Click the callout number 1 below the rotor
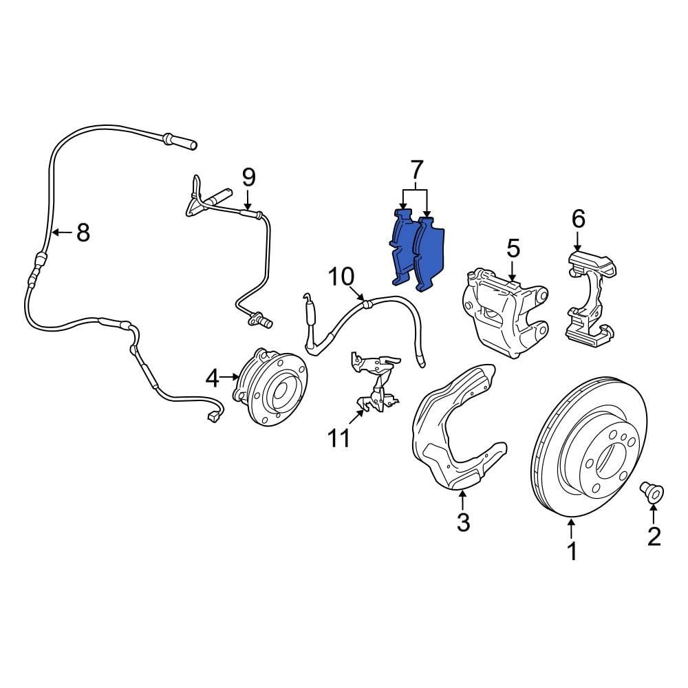pos(571,550)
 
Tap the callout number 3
pos(463,522)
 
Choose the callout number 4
pos(212,378)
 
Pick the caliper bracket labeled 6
pos(588,296)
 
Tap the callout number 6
pos(578,219)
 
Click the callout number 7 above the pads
pos(416,169)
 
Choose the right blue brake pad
pos(431,251)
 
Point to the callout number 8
pos(83,233)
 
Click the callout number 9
pos(248,178)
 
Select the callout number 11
pos(339,438)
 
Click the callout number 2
pos(653,536)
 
